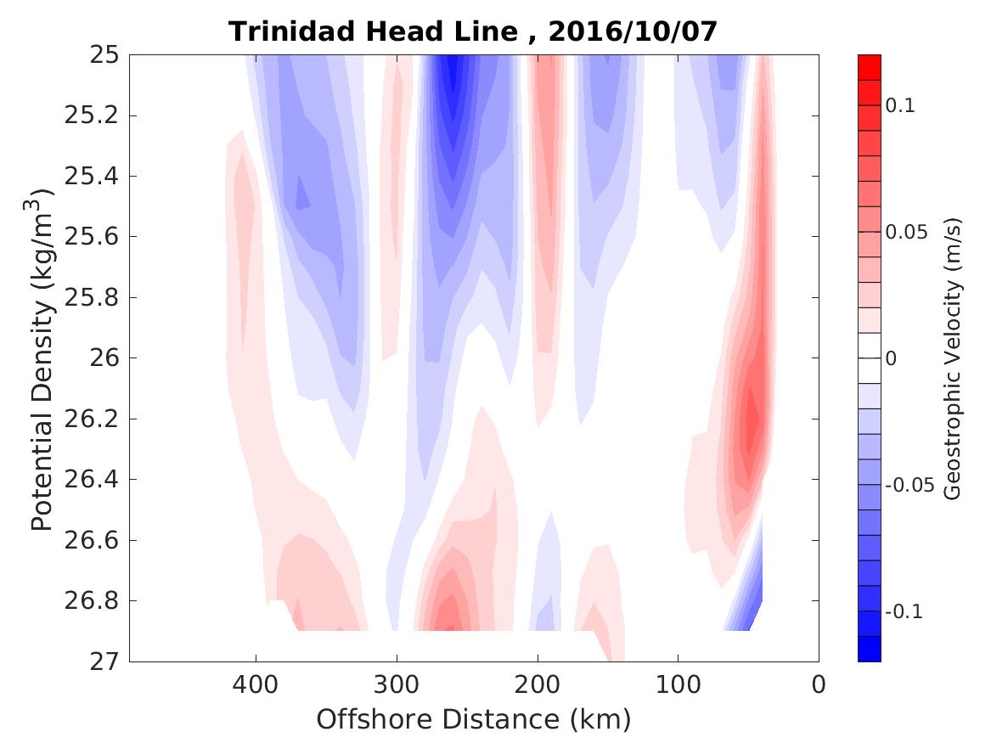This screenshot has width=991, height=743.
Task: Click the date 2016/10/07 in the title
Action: point(633,32)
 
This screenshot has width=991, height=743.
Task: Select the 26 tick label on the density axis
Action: point(103,357)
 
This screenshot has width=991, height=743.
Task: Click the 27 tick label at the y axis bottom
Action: point(103,661)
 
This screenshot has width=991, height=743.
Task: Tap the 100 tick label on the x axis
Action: point(678,684)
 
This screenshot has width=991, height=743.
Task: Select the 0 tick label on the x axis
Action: point(819,684)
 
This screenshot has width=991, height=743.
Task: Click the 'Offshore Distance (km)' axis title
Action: point(474,720)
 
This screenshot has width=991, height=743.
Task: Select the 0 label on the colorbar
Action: point(891,358)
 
